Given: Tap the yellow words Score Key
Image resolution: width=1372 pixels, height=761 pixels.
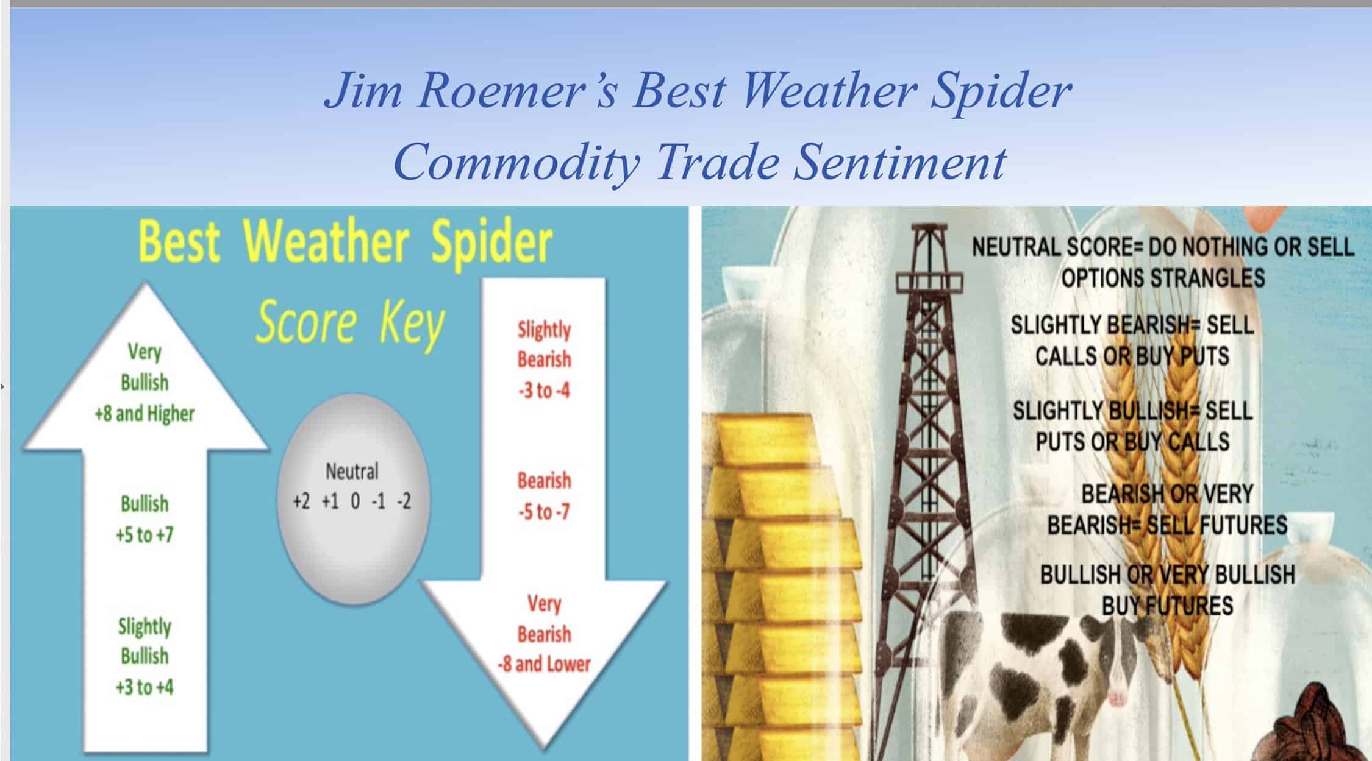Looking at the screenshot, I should pos(350,323).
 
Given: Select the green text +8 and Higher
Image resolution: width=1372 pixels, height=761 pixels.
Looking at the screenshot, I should pos(145,414).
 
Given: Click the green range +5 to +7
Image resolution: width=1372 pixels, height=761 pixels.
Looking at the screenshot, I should pos(145,535).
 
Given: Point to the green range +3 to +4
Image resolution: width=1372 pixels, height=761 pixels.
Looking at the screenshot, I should pos(145,687).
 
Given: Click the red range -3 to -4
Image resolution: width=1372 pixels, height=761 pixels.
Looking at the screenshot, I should pos(543,390).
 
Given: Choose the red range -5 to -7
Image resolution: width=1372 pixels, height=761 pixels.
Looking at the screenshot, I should pos(543,512).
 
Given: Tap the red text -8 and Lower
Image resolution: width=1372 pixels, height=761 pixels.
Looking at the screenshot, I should pos(543,664).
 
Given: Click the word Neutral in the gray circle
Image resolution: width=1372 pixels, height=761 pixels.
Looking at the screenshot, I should pos(352,471).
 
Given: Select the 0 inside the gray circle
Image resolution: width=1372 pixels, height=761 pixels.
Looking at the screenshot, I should pos(355,501).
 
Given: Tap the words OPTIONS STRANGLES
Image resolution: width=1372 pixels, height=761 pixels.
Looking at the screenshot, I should pos(1163,278).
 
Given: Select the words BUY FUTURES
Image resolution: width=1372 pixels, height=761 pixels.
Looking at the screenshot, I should pos(1167,606).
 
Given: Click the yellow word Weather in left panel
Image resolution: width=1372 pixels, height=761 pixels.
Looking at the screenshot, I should pos(326,242).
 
